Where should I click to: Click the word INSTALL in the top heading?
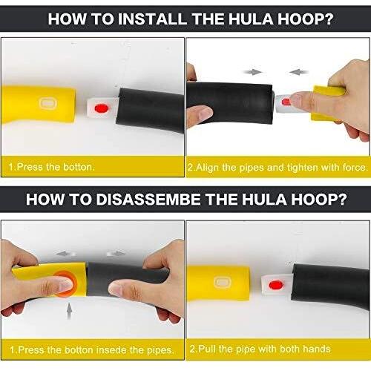[152, 19]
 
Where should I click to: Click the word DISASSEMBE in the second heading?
[148, 200]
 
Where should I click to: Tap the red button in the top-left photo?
[102, 108]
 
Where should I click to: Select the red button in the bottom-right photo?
[275, 285]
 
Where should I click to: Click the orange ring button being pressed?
[65, 283]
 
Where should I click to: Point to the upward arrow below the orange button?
[70, 311]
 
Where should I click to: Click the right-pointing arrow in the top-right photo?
[252, 72]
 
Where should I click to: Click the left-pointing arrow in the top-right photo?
[298, 72]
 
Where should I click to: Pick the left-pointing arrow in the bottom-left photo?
[65, 254]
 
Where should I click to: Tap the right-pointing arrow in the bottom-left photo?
[116, 253]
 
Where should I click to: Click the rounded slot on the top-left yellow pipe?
[48, 103]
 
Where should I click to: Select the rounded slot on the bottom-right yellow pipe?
[223, 283]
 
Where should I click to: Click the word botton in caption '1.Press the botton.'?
[78, 167]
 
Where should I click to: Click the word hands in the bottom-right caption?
[317, 349]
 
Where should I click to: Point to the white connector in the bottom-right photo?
[277, 284]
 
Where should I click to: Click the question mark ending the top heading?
[329, 19]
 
